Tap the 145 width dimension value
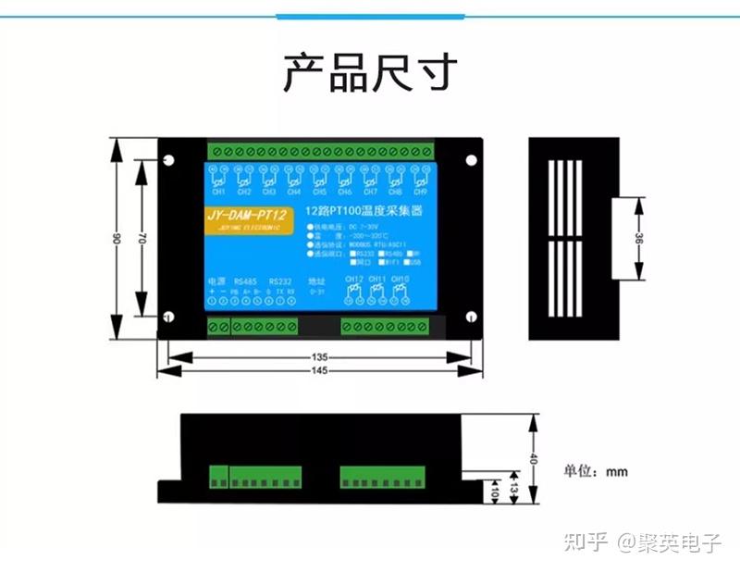[x=320, y=371]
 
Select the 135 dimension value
[x=320, y=356]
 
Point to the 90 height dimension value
[x=117, y=239]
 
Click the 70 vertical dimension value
[x=142, y=238]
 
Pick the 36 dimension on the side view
[x=639, y=238]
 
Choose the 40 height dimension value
[x=533, y=459]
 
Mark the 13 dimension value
[x=515, y=483]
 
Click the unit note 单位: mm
[x=596, y=471]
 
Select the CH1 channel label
[x=218, y=193]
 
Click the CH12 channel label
[x=353, y=279]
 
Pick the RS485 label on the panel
[x=245, y=280]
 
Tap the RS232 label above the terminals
[x=279, y=280]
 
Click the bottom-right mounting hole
[x=471, y=317]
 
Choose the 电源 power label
[x=214, y=280]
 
